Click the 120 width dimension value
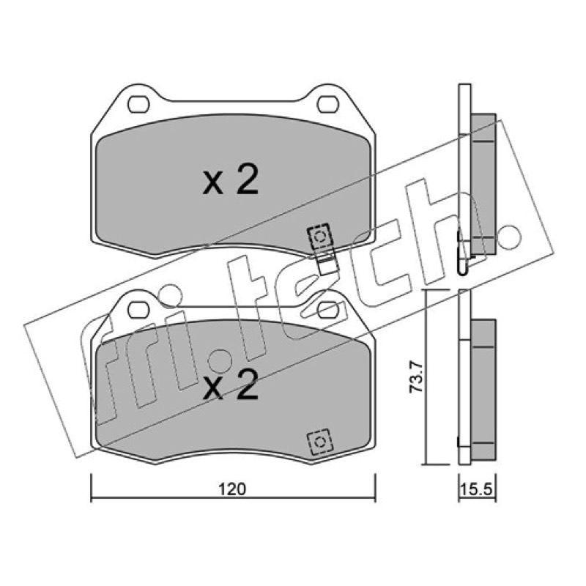[x=232, y=489]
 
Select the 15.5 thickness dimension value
[x=477, y=489]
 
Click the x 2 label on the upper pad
[x=230, y=180]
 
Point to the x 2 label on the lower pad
[x=230, y=385]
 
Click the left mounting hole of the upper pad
[x=138, y=104]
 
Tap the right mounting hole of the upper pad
[x=327, y=104]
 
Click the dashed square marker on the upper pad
[x=319, y=236]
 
